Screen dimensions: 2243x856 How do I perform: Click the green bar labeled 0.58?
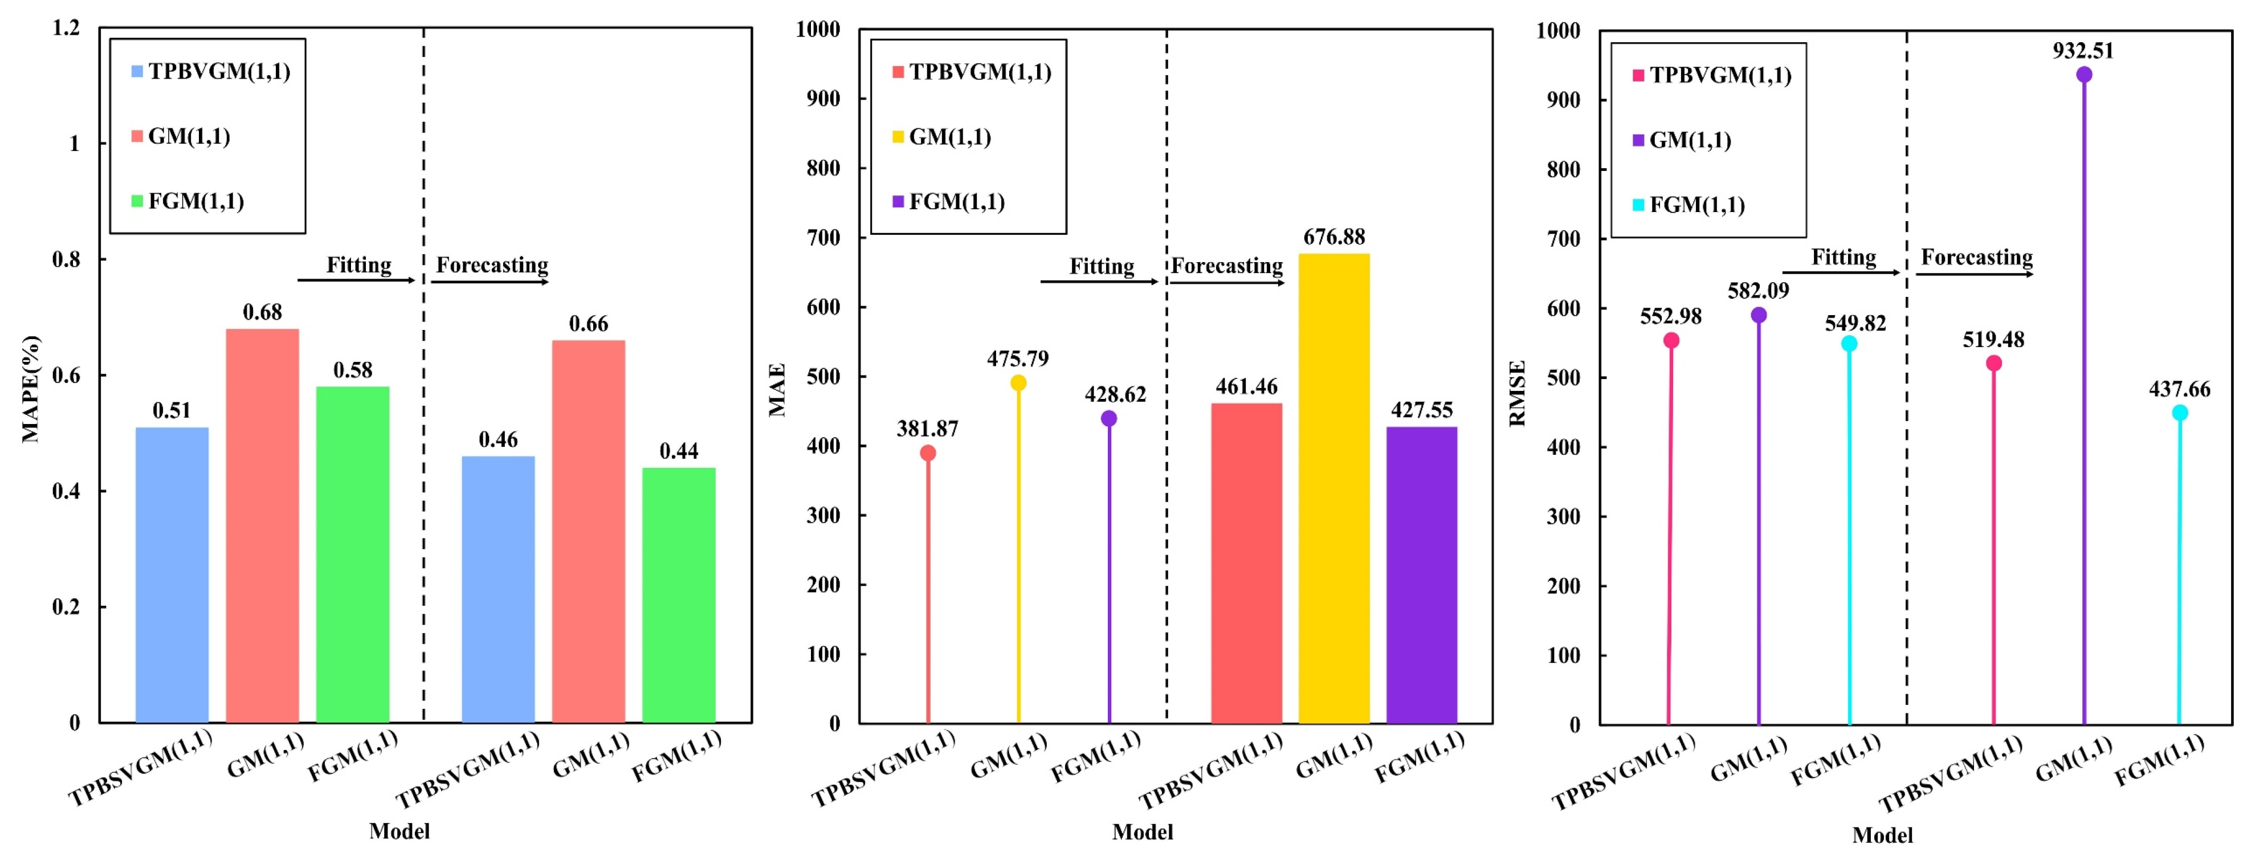point(353,554)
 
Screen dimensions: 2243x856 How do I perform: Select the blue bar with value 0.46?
point(498,589)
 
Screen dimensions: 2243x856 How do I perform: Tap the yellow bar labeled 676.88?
point(1334,488)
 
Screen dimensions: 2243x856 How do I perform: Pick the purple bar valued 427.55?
point(1422,574)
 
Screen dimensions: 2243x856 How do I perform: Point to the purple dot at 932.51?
point(2083,75)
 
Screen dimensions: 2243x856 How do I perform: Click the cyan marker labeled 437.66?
point(2179,413)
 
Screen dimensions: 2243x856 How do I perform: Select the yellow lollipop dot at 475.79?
point(1018,383)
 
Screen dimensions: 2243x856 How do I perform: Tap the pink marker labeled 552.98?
point(1671,340)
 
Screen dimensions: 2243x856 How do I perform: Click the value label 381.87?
point(927,429)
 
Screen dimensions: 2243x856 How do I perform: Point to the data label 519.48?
point(1993,340)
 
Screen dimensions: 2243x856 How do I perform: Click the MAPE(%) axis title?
point(30,388)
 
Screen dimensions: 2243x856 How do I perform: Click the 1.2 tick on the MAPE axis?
point(66,28)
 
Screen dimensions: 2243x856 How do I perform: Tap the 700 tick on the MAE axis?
point(823,237)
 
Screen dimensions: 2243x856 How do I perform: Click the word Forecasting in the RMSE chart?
point(1976,257)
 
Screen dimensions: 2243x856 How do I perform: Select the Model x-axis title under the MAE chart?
point(1143,831)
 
